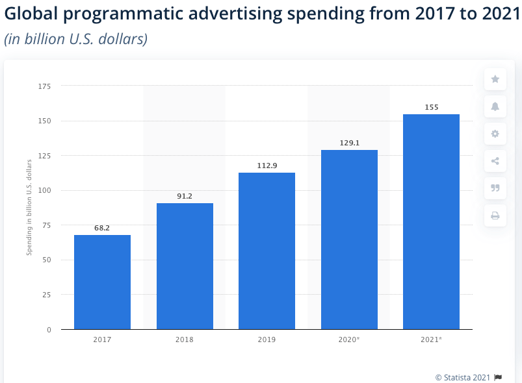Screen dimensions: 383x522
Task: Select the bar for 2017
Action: click(x=102, y=282)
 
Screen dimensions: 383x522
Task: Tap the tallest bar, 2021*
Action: click(x=431, y=221)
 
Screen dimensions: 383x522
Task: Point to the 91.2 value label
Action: click(x=185, y=196)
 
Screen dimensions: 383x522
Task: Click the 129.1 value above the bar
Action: click(x=349, y=143)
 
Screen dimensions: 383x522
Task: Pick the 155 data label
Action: click(x=431, y=107)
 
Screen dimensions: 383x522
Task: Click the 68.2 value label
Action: click(x=102, y=228)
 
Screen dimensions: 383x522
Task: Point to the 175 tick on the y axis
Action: click(x=45, y=86)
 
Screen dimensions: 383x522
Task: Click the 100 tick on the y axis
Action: click(x=45, y=190)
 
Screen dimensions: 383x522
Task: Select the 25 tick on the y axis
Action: click(x=47, y=295)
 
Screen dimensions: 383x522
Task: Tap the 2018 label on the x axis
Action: click(x=185, y=340)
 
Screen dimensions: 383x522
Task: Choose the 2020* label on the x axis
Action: click(x=349, y=340)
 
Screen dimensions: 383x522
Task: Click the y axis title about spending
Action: click(x=29, y=208)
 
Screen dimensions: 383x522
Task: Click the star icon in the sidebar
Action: click(x=495, y=79)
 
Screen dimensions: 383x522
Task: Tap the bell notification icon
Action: click(x=495, y=106)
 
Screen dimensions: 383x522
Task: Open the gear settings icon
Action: click(x=495, y=134)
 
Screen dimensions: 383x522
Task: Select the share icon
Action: click(x=495, y=161)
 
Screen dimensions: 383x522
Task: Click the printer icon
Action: click(x=495, y=216)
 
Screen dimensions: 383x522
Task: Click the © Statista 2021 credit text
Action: click(x=463, y=377)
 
